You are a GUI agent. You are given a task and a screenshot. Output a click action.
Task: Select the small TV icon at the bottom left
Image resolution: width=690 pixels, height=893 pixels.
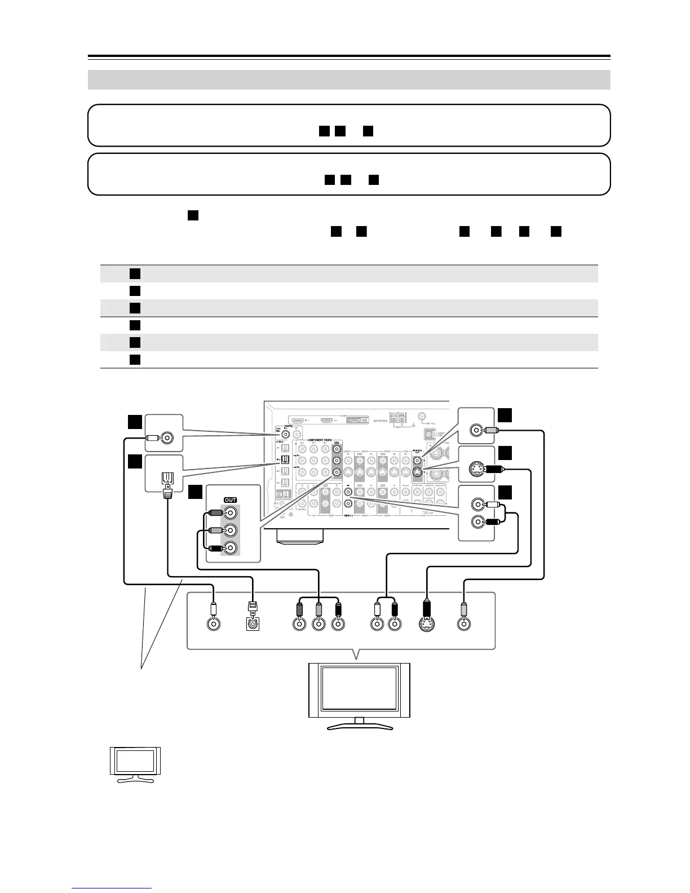pos(135,764)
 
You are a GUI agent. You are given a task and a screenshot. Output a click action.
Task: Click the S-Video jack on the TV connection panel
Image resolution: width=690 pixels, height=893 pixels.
pos(428,624)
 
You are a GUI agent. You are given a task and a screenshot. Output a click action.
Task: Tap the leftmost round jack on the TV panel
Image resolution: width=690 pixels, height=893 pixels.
pos(213,625)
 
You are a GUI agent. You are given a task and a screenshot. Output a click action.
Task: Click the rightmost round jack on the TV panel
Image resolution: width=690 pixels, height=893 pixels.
pos(463,625)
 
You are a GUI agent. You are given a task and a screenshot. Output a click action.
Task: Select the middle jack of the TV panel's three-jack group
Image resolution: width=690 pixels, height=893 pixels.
pos(319,625)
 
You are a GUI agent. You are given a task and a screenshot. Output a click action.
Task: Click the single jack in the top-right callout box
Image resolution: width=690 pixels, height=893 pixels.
pos(477,431)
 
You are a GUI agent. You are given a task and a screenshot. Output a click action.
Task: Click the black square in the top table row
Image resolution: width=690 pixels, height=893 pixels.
pos(134,273)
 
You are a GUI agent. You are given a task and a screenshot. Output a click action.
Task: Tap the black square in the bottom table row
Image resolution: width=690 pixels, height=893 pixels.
pos(134,359)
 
